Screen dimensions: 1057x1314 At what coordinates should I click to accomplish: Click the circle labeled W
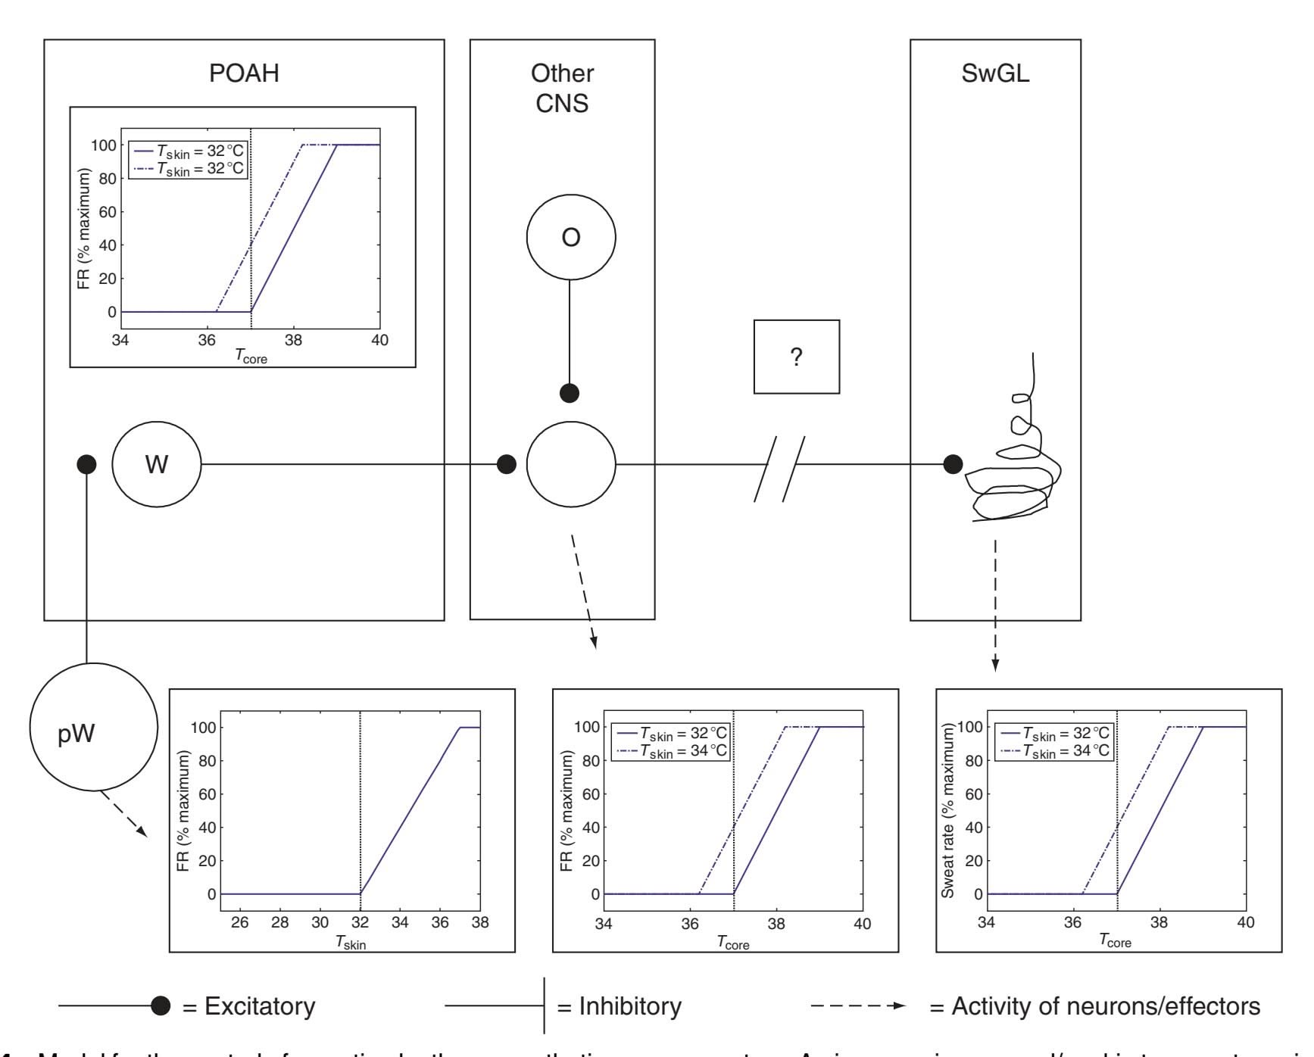[157, 464]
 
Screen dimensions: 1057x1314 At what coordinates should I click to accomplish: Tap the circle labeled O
[571, 237]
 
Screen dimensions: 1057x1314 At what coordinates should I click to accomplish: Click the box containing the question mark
[797, 357]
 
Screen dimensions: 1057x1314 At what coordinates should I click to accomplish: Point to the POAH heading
[244, 73]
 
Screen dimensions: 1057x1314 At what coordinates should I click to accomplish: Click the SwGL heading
[995, 73]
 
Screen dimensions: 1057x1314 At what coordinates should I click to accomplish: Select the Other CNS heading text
[562, 88]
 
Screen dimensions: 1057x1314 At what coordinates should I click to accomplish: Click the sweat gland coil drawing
[1015, 469]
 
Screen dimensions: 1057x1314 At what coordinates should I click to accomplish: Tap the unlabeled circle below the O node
[571, 464]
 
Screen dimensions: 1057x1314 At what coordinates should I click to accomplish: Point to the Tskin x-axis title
[351, 943]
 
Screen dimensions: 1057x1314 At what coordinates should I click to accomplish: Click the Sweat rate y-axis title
[947, 810]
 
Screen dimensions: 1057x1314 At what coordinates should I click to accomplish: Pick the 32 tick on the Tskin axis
[360, 922]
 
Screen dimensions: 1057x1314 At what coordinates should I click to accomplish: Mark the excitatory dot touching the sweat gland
[953, 464]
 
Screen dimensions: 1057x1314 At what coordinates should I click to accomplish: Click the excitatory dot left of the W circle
[87, 464]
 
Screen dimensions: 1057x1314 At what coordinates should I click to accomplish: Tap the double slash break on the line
[779, 468]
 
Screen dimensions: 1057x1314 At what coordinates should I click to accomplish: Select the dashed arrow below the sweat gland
[995, 606]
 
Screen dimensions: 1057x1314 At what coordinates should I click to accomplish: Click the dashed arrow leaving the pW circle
[121, 814]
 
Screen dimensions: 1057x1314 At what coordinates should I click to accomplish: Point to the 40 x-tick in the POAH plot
[379, 340]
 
